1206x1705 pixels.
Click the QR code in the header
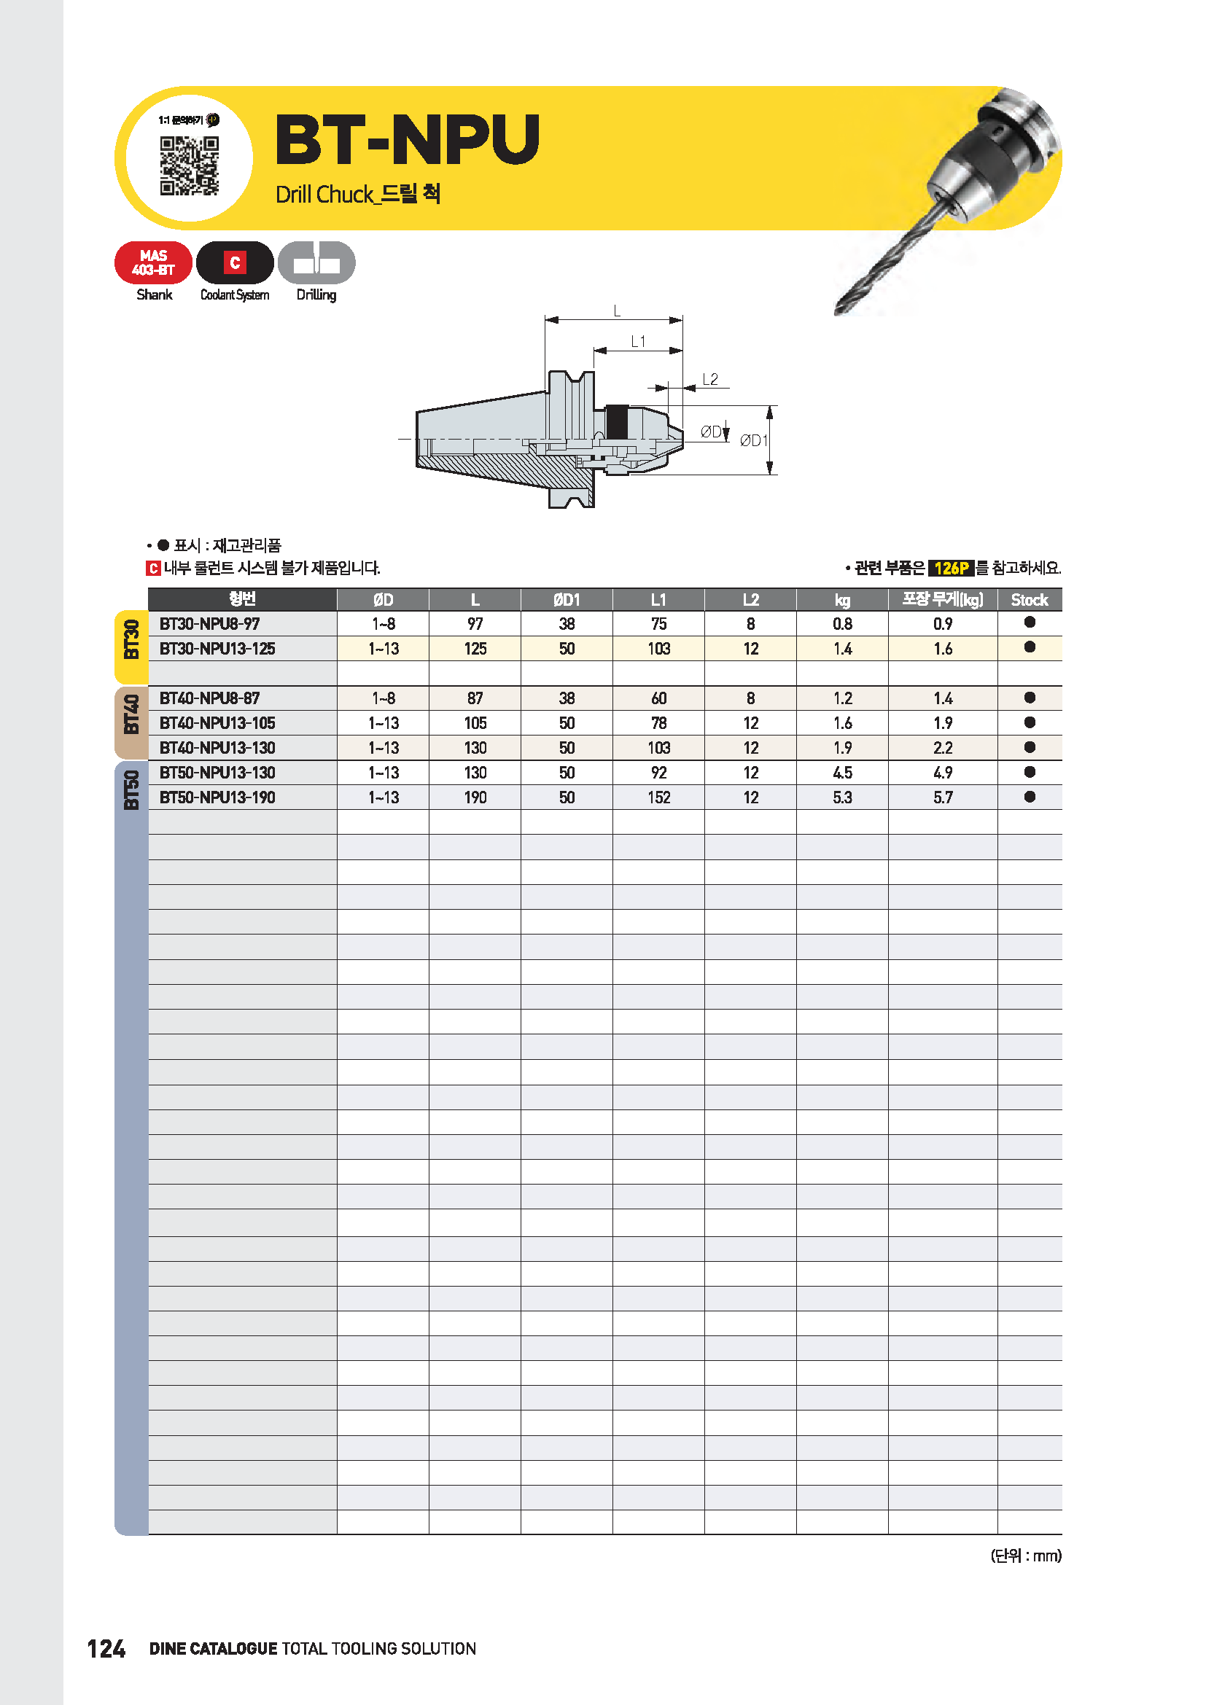tap(190, 165)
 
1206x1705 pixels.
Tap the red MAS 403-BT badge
tap(154, 263)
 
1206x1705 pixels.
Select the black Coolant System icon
tap(235, 263)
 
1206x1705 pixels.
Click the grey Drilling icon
tap(316, 263)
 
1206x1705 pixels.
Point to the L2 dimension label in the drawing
tap(710, 380)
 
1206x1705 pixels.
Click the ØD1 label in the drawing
tap(753, 440)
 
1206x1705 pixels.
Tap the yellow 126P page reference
tap(951, 568)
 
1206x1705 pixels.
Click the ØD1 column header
tap(567, 599)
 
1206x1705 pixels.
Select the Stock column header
tap(1030, 599)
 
